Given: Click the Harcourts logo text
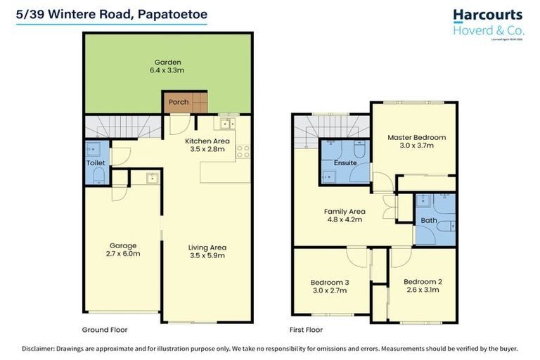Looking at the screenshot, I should coord(487,15).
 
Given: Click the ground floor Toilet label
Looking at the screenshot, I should coord(95,162).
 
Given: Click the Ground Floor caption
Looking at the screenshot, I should coord(105,329).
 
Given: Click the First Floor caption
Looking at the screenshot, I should coord(307,329).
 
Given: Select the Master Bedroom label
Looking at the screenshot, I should coord(416,137).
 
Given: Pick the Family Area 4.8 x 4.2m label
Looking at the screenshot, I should coord(344,215).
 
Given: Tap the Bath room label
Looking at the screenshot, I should coord(429,220).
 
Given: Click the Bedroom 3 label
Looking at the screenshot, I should coord(330,282).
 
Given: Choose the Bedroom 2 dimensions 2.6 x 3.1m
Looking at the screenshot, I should coord(423,290).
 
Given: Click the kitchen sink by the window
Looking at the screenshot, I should coord(227,124).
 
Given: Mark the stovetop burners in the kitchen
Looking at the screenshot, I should coord(243,149).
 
